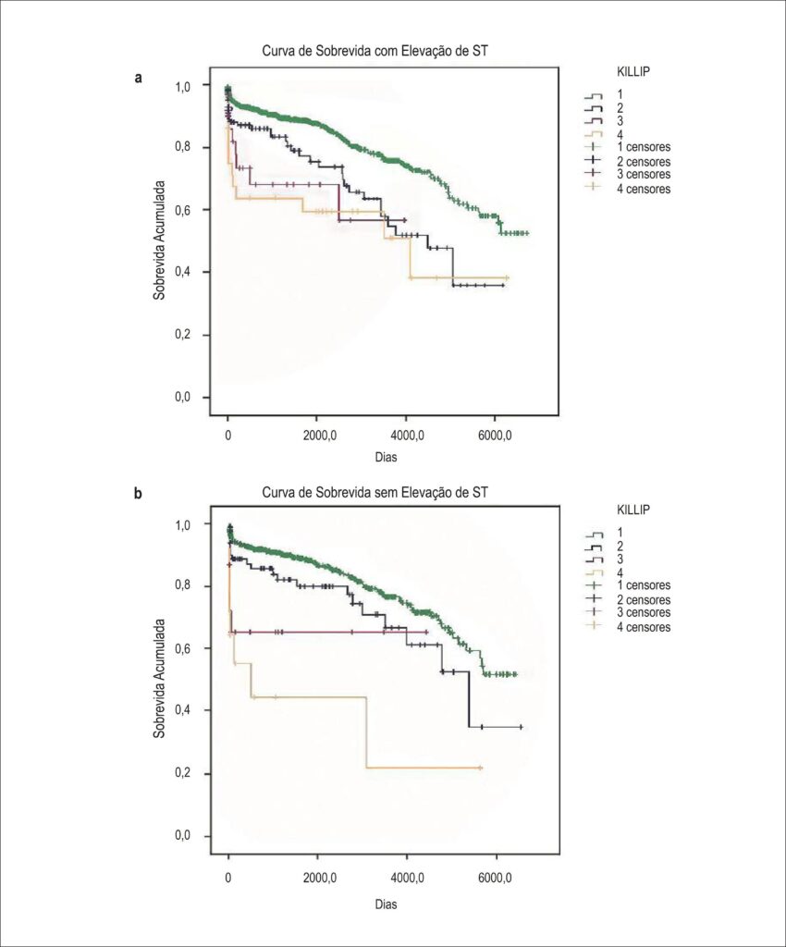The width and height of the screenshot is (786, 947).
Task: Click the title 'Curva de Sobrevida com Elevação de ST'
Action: point(375,51)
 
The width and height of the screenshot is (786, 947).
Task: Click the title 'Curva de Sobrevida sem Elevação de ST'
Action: point(375,492)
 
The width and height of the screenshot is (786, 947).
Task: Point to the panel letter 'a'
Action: point(139,78)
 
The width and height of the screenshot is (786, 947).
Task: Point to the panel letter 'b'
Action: point(139,494)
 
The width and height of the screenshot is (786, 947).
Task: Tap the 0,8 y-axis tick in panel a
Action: point(182,147)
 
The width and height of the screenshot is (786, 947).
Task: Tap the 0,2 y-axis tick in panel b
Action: point(182,774)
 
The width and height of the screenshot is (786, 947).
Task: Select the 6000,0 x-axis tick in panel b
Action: point(495,878)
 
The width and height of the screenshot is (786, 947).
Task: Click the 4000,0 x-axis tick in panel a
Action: point(406,435)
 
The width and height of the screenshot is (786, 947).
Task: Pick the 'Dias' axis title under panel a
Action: point(386,457)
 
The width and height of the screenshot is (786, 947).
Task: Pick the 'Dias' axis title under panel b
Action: point(386,904)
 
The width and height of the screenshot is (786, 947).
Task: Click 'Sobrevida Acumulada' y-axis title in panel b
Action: point(159,678)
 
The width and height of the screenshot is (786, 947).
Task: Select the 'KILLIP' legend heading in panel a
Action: point(633,71)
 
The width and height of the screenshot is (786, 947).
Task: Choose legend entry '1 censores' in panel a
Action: point(643,147)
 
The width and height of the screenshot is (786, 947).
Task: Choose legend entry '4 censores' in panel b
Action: point(643,627)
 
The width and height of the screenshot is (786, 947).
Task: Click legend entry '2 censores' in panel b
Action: point(643,599)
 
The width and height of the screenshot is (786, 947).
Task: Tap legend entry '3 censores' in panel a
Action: point(643,174)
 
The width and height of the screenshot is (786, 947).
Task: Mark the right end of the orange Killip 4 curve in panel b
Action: point(482,768)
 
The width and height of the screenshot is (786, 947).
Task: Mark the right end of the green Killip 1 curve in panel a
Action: point(528,233)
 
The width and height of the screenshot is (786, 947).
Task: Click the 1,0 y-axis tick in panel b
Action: point(182,525)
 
